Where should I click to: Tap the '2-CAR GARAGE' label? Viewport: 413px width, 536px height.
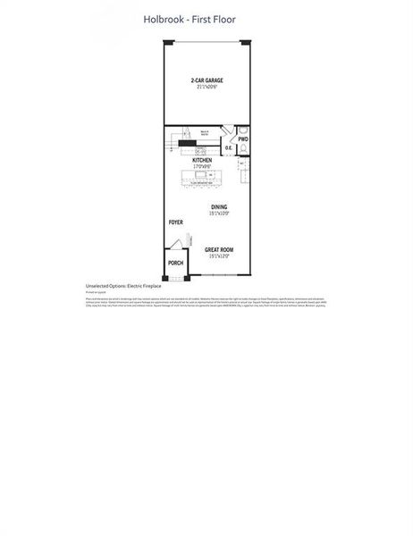click(206, 81)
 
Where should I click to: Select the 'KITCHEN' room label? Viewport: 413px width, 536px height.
click(201, 160)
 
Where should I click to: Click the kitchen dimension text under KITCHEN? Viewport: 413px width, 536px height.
click(201, 167)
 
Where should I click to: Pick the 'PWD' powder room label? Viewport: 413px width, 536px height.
click(243, 139)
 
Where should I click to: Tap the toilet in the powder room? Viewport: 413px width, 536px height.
click(243, 151)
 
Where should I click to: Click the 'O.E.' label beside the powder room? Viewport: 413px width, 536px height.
click(228, 149)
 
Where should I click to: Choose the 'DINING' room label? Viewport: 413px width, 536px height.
click(219, 207)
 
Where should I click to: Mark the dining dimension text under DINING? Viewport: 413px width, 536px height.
click(219, 214)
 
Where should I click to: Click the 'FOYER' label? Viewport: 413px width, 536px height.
click(176, 222)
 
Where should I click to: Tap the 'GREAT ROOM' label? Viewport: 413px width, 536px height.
click(218, 249)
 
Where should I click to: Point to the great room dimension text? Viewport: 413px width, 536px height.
click(218, 256)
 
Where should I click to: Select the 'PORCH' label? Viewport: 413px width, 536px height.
click(176, 264)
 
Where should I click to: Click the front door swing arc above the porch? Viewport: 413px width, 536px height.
click(177, 245)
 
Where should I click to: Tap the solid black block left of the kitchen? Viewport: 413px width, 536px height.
click(185, 142)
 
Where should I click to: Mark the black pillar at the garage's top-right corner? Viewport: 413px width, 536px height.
click(250, 39)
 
